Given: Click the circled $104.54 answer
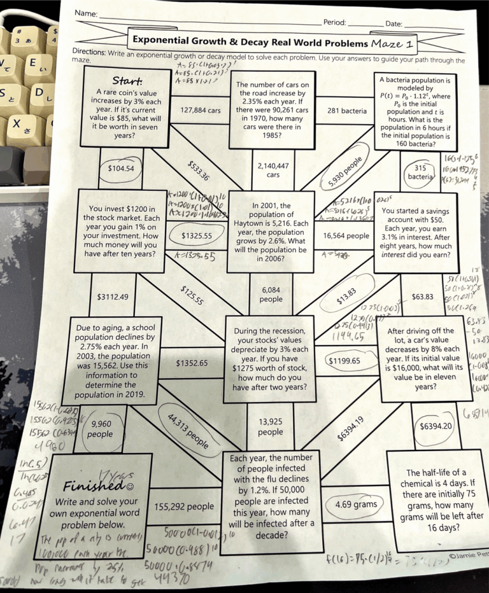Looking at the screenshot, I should [122, 169].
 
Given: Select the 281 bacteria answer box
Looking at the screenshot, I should [346, 111].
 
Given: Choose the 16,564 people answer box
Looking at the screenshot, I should [346, 235].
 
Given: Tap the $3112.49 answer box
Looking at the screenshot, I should [113, 296].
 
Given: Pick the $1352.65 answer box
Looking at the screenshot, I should [192, 363].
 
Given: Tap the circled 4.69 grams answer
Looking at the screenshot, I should [356, 505].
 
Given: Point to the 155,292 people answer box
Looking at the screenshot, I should [185, 506].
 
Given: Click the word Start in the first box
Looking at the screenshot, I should [126, 81].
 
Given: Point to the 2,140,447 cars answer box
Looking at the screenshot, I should [273, 170].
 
